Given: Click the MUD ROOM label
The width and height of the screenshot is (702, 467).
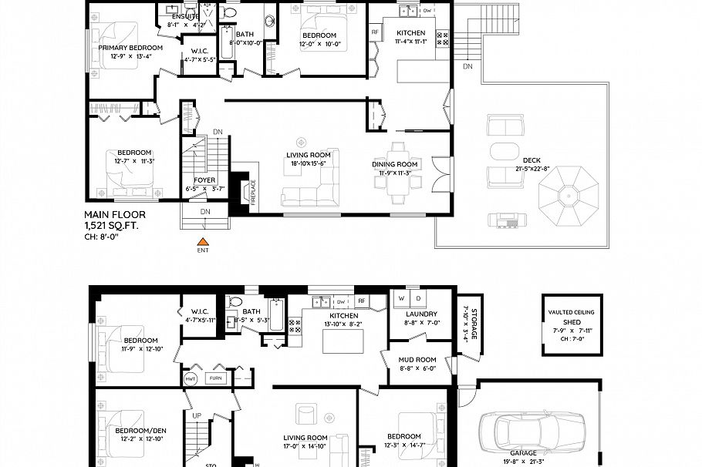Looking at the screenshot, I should pos(417,360).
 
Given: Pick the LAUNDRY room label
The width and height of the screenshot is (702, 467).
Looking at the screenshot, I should pos(421,314).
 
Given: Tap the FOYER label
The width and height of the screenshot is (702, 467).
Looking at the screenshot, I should pos(204,180).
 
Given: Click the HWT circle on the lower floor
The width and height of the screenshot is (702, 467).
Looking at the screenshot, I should pos(190,378).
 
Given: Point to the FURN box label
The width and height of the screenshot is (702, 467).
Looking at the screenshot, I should pos(216,378).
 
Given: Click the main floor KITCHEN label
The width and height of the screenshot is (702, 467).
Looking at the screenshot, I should pos(410,33).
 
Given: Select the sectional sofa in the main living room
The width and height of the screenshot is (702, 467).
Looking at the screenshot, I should pos(309,194).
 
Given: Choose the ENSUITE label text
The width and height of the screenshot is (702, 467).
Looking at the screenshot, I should pos(185,15).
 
